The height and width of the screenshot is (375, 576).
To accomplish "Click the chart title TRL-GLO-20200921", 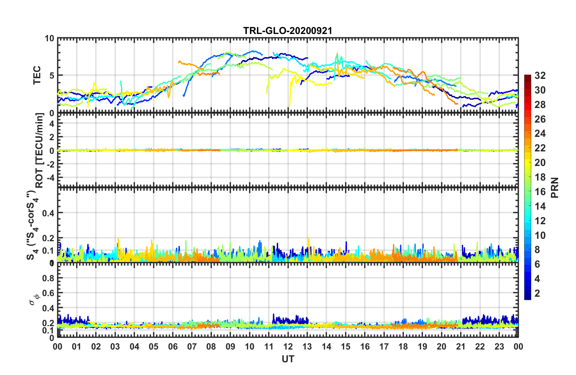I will click(x=288, y=31).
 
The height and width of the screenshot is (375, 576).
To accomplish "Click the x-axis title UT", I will click(x=288, y=359).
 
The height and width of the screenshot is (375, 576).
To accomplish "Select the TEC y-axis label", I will click(x=37, y=75).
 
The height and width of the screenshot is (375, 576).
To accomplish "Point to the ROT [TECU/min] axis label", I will click(x=39, y=150).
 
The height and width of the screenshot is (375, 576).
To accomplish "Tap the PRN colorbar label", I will click(x=555, y=188).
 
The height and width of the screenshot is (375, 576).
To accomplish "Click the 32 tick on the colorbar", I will click(x=540, y=76).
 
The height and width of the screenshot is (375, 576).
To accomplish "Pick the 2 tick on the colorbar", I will click(x=537, y=293).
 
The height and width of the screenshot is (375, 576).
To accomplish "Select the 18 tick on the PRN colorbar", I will click(x=540, y=177).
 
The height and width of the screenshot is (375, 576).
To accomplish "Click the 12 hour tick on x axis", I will click(x=288, y=346).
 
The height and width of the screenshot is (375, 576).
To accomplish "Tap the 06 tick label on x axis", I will click(x=173, y=346).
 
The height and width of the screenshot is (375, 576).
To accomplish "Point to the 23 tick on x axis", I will click(x=499, y=346).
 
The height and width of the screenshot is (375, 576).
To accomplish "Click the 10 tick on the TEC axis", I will click(x=49, y=39).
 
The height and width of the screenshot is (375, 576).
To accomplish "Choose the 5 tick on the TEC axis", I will click(x=52, y=75).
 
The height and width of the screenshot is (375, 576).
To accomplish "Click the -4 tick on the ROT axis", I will click(x=49, y=177).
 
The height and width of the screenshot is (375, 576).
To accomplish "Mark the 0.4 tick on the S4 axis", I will click(x=48, y=213).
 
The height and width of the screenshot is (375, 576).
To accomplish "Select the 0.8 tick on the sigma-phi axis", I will click(x=48, y=278).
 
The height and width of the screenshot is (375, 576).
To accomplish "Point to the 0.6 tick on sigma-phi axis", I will click(x=48, y=293).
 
